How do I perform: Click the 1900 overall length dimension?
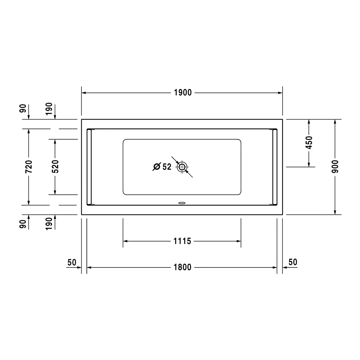pyautogui.click(x=183, y=93)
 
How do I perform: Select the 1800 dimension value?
pyautogui.click(x=183, y=267)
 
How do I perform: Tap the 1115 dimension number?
pyautogui.click(x=183, y=241)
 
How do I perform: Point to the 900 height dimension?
pyautogui.click(x=335, y=166)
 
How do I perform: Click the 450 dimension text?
pyautogui.click(x=309, y=143)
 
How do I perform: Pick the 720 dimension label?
pyautogui.click(x=29, y=166)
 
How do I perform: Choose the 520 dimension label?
pyautogui.click(x=55, y=166)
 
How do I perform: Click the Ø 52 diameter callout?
pyautogui.click(x=162, y=167)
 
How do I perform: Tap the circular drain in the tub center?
pyautogui.click(x=182, y=167)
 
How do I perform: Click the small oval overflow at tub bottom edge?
pyautogui.click(x=182, y=202)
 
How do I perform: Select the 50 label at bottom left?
pyautogui.click(x=72, y=262)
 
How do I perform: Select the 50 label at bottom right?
pyautogui.click(x=293, y=262)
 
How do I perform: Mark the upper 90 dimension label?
pyautogui.click(x=23, y=108)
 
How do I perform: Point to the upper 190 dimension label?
pyautogui.click(x=49, y=108)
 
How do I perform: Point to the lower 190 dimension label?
pyautogui.click(x=49, y=224)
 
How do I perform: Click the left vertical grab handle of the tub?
pyautogui.click(x=90, y=167)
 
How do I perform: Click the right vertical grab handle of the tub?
pyautogui.click(x=275, y=167)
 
